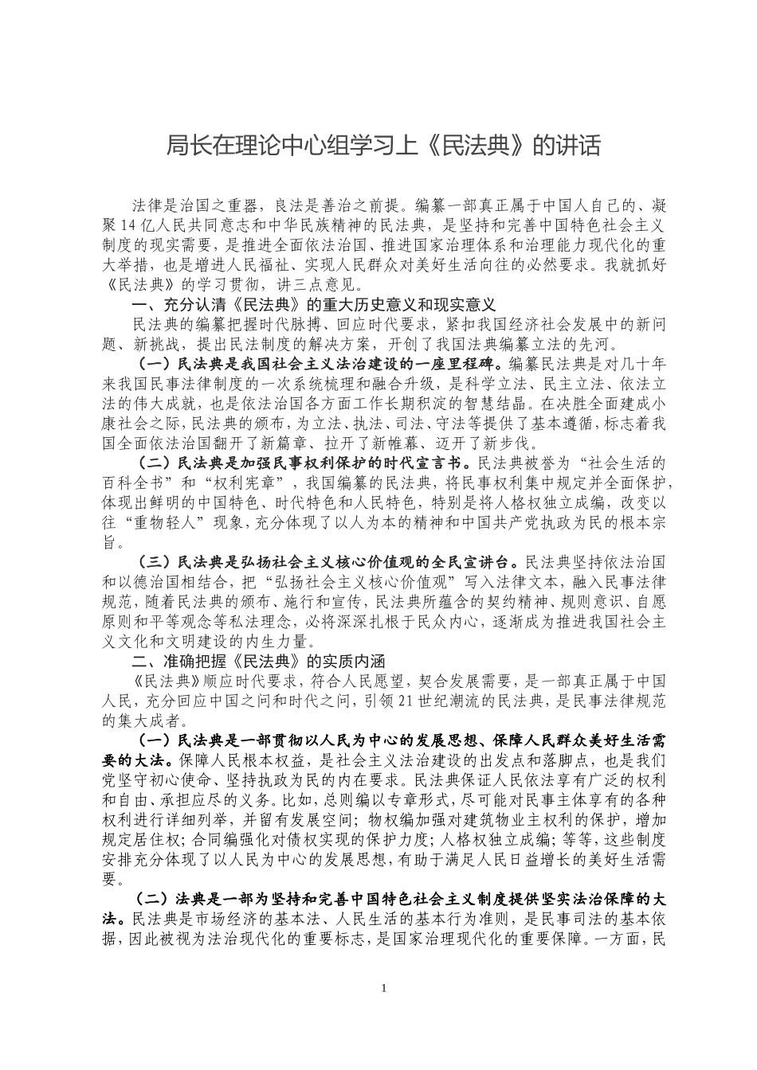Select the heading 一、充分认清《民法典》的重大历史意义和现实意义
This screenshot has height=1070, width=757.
click(314, 305)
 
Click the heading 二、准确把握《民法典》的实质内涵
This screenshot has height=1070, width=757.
click(259, 662)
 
